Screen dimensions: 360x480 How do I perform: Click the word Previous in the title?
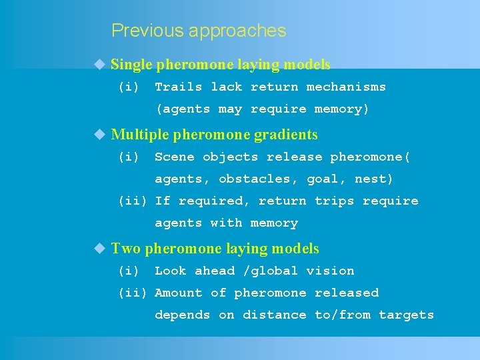click(x=147, y=31)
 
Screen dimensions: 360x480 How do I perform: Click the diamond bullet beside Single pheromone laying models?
click(x=99, y=64)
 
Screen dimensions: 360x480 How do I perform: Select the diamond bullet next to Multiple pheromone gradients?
click(x=99, y=134)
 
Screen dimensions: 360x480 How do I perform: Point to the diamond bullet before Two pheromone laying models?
click(x=99, y=249)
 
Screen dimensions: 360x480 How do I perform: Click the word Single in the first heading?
click(x=132, y=65)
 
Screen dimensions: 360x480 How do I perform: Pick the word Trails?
click(x=178, y=87)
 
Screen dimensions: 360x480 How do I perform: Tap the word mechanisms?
click(x=346, y=87)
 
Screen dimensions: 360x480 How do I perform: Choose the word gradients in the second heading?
click(x=289, y=135)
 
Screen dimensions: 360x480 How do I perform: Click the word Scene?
click(x=174, y=157)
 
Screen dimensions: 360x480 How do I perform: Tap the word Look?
click(x=170, y=271)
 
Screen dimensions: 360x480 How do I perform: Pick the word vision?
click(x=330, y=271)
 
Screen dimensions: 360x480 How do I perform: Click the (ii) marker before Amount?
click(x=133, y=293)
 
